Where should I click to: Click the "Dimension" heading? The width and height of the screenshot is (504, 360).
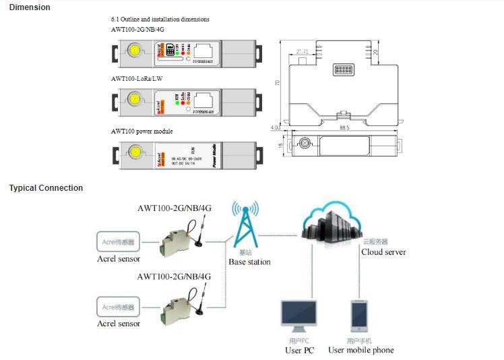30,7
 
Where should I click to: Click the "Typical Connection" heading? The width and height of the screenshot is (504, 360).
46,188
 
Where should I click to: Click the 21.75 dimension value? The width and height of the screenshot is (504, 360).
303,51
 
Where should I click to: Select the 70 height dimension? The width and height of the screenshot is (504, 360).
278,82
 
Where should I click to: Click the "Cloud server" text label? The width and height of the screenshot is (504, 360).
384,251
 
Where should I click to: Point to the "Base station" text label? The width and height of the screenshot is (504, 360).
249,262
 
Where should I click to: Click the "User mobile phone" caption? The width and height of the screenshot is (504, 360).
360,350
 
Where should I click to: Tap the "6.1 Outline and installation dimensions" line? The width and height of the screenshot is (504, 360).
160,20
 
